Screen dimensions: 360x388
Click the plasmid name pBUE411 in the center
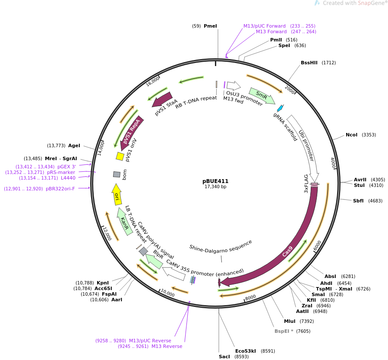coord(215,181)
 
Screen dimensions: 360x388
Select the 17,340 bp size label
coord(215,187)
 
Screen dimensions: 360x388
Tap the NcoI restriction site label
coord(351,135)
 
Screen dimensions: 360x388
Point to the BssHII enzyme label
coord(309,63)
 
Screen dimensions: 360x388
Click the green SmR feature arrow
coord(262,95)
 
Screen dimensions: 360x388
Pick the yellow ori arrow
coord(117,195)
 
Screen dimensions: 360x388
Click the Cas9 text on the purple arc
coord(287,252)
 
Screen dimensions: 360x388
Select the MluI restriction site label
coord(290,321)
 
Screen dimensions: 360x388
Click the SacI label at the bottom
coord(224,357)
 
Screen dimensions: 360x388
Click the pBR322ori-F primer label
coord(60,189)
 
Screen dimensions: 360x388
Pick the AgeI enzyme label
coord(74,145)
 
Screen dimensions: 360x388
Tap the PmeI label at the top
coord(210,26)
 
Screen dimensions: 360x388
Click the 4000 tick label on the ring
coord(333,163)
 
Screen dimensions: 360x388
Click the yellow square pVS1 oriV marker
coord(120,156)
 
